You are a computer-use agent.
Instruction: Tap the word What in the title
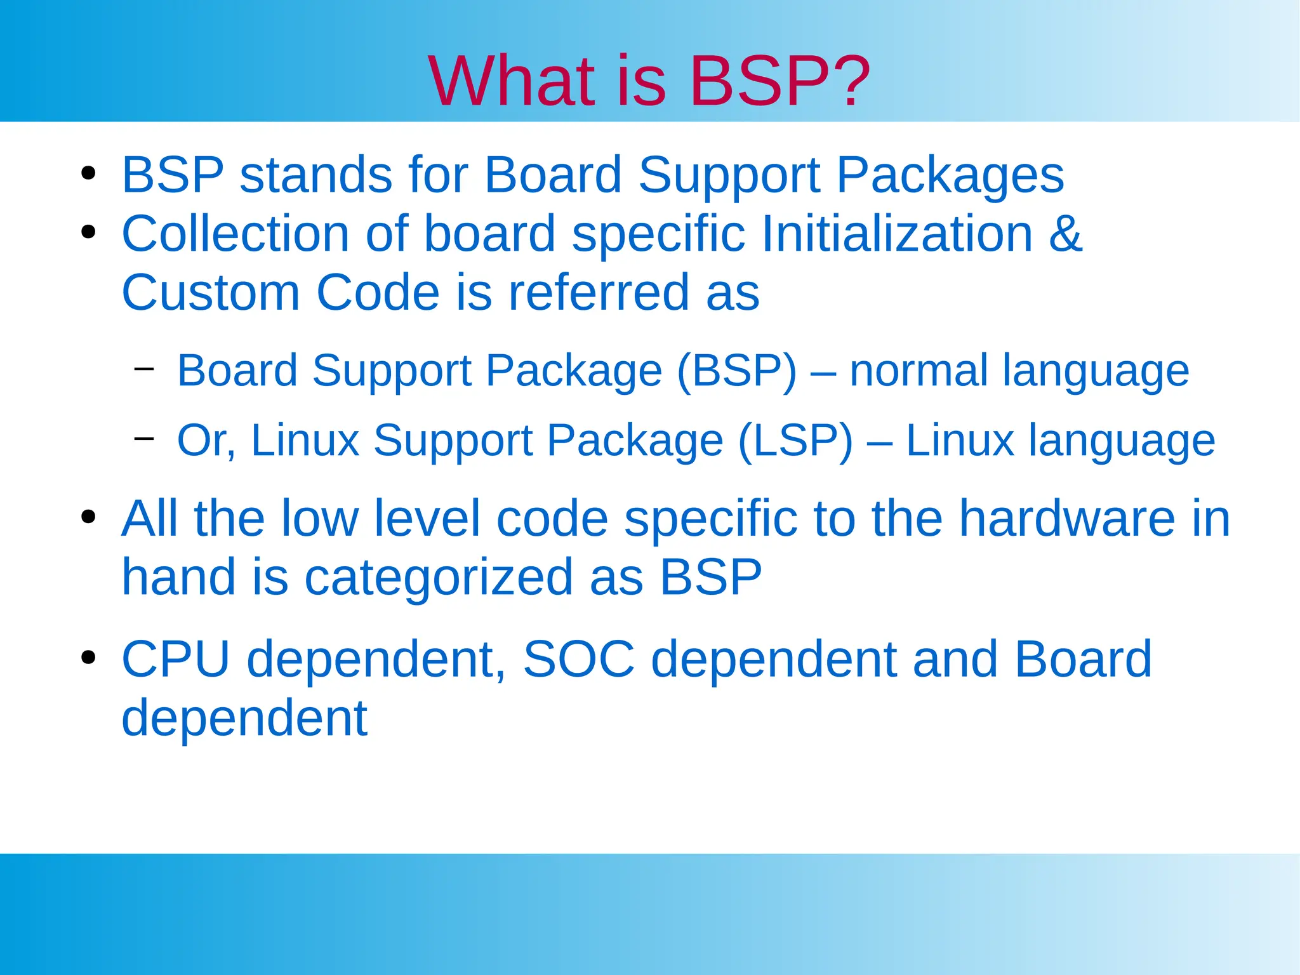511,81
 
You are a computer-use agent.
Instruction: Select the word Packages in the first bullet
950,175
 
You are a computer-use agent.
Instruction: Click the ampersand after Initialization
1065,234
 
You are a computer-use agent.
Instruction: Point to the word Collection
235,234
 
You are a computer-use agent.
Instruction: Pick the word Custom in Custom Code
210,293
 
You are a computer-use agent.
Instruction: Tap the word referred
599,293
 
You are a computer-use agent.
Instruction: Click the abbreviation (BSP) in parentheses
736,371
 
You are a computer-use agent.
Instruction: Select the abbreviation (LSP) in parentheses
795,440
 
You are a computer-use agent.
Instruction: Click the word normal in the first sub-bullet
919,371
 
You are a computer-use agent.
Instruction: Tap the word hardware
1067,519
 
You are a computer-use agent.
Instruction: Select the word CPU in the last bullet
175,660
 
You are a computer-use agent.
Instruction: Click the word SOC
578,660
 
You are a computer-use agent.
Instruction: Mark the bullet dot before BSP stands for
88,173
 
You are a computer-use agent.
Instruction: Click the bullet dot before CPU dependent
88,657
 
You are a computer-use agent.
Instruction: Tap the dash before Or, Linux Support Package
144,438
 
